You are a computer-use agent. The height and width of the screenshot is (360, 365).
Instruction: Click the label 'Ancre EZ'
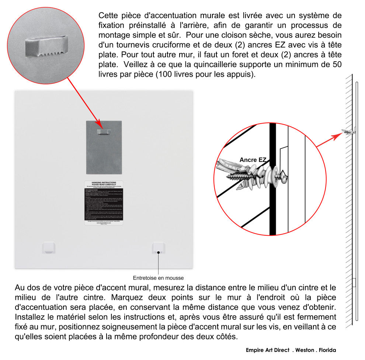(253, 160)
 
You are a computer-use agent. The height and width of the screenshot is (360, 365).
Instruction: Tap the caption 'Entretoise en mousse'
(158, 278)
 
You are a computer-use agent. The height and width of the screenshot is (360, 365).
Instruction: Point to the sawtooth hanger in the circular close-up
(45, 47)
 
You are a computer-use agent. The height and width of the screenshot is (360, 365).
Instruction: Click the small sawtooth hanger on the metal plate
(104, 132)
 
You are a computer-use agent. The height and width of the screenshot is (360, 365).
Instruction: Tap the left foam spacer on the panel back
(49, 247)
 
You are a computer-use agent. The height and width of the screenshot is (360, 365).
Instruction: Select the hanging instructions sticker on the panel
(104, 202)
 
